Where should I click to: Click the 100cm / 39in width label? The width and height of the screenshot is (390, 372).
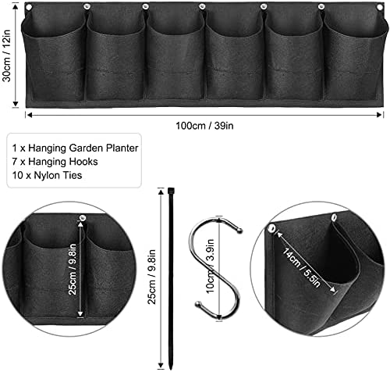click(x=204, y=126)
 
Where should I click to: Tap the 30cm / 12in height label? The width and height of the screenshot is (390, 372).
click(x=7, y=55)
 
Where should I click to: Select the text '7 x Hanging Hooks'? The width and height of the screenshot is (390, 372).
click(x=55, y=162)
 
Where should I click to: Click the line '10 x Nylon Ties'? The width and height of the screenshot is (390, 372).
click(x=47, y=175)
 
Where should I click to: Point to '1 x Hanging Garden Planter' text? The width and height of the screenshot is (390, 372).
click(x=75, y=148)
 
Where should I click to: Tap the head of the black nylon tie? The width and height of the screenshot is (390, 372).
click(x=171, y=191)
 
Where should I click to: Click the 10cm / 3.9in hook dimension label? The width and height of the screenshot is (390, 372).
click(x=210, y=266)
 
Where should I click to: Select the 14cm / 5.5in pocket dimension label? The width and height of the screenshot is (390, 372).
click(x=302, y=267)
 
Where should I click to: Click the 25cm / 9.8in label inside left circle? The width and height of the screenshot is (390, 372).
click(x=73, y=269)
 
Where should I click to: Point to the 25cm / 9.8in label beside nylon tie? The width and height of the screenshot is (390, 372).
click(x=151, y=277)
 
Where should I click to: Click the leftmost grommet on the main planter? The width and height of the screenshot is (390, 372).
click(x=29, y=7)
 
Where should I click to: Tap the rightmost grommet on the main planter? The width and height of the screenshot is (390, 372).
click(x=380, y=7)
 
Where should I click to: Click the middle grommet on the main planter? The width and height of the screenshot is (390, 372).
click(x=202, y=6)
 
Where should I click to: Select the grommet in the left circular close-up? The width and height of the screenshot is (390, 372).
click(x=83, y=217)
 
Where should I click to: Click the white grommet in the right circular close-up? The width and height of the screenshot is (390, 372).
click(x=272, y=228)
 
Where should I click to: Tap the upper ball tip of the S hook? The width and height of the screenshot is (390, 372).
click(x=240, y=231)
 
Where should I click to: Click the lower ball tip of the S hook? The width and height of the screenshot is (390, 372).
click(x=198, y=304)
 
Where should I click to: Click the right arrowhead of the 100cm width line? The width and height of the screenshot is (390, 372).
click(x=380, y=115)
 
